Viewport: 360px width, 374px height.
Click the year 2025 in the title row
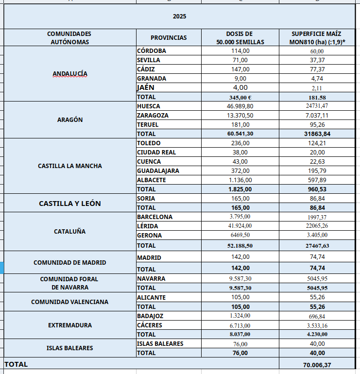click(x=180, y=16)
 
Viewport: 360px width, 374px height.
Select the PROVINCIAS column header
click(x=169, y=38)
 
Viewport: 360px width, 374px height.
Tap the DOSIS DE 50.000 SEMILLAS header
click(x=240, y=38)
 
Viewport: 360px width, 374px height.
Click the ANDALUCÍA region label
click(x=70, y=74)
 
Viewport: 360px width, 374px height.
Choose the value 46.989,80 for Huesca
click(x=240, y=106)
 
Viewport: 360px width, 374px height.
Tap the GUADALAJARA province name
click(x=158, y=170)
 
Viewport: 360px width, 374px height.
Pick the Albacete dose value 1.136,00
click(x=240, y=180)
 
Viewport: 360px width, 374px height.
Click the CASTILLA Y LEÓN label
click(x=70, y=204)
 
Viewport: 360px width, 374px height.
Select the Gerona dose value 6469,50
click(x=240, y=235)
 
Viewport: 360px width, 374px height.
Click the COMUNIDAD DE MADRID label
click(x=70, y=262)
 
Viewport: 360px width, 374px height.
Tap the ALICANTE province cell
click(x=151, y=297)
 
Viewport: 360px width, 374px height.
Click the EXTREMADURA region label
click(x=70, y=325)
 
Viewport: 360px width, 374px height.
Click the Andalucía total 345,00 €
click(x=240, y=97)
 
